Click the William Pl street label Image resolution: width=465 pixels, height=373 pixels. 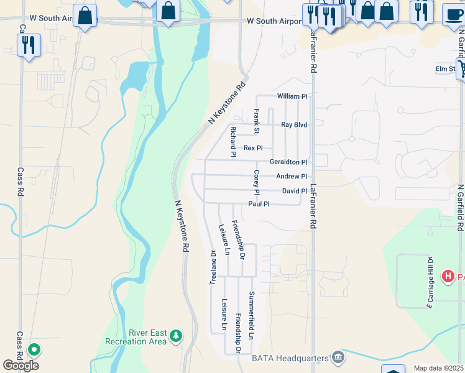tap(292, 96)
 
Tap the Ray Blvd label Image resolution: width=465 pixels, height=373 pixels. tap(294, 125)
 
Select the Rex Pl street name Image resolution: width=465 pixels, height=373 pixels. tap(253, 148)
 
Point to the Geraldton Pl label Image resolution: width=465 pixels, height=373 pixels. tap(288, 162)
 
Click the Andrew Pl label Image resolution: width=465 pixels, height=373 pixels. tap(292, 177)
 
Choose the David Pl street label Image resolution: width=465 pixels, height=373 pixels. tap(294, 191)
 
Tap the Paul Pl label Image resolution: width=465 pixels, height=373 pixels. tap(259, 204)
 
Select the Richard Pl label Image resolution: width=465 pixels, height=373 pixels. tap(233, 141)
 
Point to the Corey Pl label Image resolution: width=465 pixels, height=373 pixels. tap(256, 182)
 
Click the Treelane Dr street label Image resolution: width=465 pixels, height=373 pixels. tap(213, 267)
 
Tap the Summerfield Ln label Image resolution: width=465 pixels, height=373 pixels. tap(252, 315)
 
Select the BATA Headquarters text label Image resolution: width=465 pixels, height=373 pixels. tap(290, 358)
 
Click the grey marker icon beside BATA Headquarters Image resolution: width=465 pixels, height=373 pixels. tap(338, 357)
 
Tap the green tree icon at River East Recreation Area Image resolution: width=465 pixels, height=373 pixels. tap(177, 336)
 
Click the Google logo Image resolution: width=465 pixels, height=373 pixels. tap(21, 366)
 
